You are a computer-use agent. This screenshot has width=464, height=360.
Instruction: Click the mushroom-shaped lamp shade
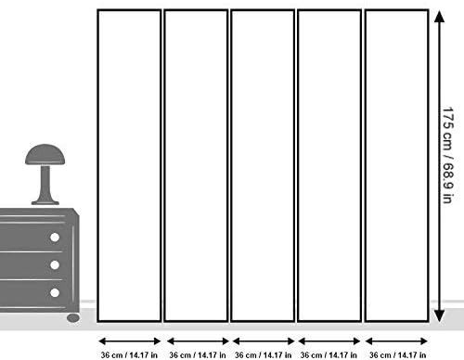click(x=45, y=155)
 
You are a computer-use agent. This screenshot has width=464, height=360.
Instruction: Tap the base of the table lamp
click(x=45, y=202)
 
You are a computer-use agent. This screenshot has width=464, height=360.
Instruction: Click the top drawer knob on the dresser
click(x=55, y=238)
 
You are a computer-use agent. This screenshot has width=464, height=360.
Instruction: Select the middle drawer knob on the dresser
click(x=55, y=265)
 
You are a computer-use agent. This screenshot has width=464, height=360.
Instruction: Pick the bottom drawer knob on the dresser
click(x=55, y=292)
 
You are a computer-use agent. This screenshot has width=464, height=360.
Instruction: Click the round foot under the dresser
click(x=73, y=317)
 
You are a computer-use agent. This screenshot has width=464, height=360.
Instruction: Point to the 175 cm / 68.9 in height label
click(x=448, y=155)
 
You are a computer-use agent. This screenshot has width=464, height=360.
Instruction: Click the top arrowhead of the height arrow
click(x=439, y=17)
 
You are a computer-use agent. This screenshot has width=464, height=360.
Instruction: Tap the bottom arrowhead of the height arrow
click(x=439, y=315)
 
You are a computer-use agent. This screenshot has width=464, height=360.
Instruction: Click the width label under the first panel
click(x=129, y=354)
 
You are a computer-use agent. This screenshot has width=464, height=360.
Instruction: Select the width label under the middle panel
click(x=263, y=354)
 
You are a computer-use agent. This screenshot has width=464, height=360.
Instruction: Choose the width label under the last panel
click(x=397, y=354)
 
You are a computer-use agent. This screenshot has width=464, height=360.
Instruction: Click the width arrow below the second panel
click(x=198, y=341)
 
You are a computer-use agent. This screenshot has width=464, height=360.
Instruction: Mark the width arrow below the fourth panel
click(x=329, y=341)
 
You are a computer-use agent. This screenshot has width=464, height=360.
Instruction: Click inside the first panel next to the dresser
click(x=129, y=166)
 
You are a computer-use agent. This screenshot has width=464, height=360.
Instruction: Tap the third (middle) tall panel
click(x=263, y=166)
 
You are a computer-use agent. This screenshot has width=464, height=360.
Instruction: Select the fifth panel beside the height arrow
click(x=396, y=166)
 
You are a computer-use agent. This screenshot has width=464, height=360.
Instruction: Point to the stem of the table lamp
click(x=45, y=183)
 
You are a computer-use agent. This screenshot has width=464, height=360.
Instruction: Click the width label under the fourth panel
click(x=329, y=354)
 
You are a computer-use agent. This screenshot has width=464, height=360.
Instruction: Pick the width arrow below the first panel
click(x=129, y=341)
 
